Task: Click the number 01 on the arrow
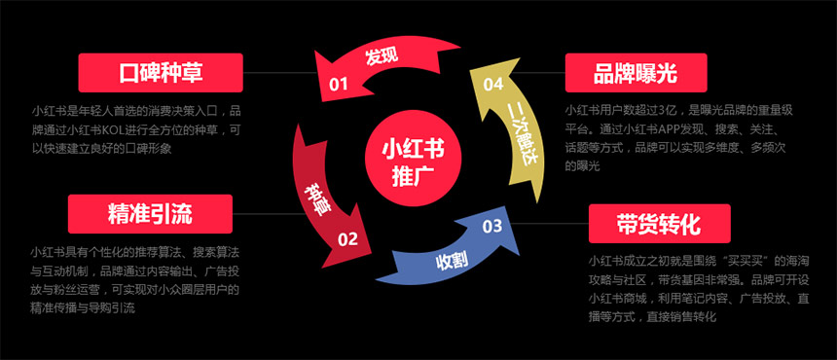tap(339, 85)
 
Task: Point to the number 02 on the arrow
tap(347, 236)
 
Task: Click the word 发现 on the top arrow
tap(382, 56)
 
